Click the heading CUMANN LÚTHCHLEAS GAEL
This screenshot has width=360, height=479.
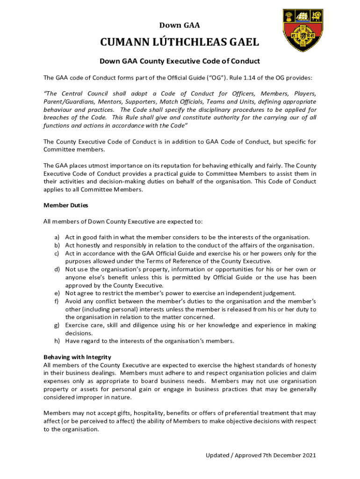click(180, 43)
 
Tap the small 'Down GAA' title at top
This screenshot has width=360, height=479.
click(180, 25)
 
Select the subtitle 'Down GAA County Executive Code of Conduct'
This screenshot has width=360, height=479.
click(180, 61)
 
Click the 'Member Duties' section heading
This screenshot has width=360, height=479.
click(65, 205)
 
